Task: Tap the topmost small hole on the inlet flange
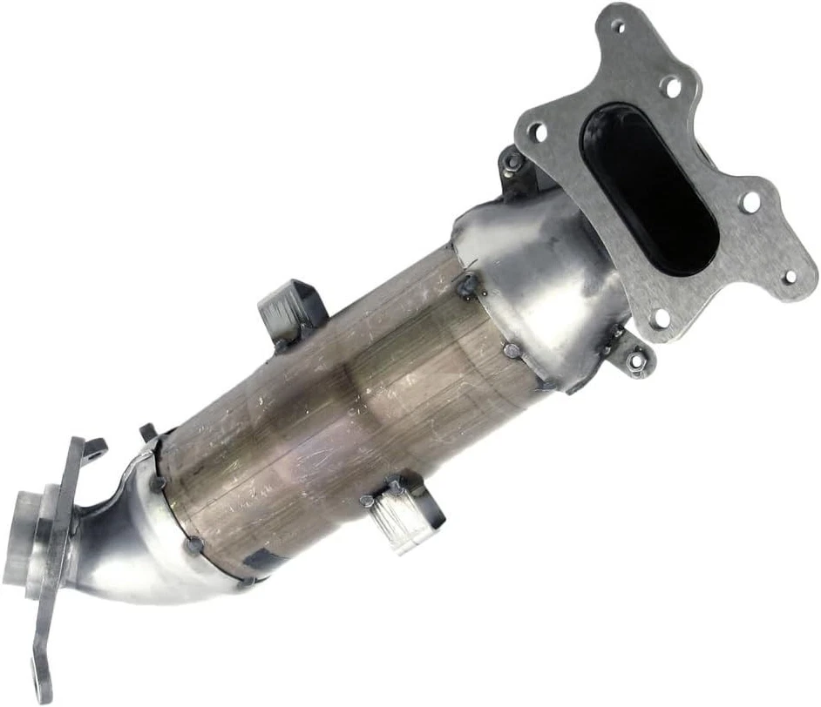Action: pos(620,26)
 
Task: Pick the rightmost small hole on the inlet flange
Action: pos(790,277)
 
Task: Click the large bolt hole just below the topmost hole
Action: pos(670,85)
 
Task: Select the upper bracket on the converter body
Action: pos(290,308)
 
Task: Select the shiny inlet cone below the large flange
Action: pos(540,279)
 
